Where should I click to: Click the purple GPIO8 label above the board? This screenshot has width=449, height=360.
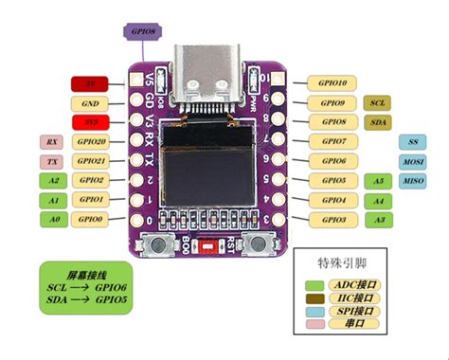pos(145,30)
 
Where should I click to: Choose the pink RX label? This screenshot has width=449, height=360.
pos(50,142)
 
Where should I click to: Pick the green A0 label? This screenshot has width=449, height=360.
pos(53,219)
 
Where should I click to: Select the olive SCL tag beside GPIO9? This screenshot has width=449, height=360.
pos(377,102)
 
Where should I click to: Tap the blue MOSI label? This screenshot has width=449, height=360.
pos(413,161)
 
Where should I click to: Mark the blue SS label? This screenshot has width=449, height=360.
pos(413,142)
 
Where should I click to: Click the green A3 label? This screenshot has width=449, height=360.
pos(378,219)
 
